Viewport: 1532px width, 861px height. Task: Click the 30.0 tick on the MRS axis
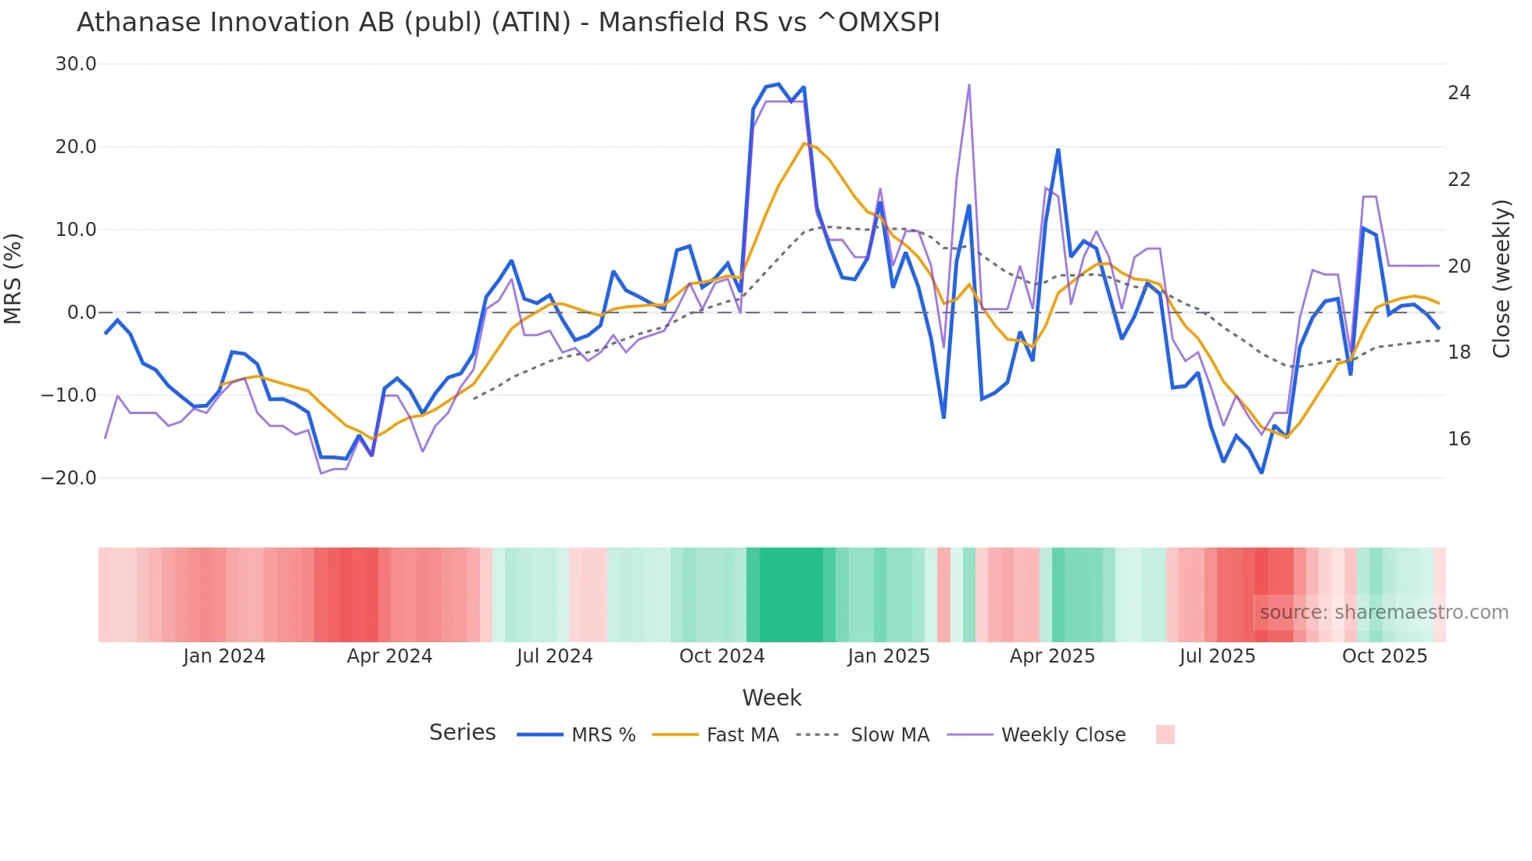(76, 64)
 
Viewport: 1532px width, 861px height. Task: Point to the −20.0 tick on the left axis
(69, 478)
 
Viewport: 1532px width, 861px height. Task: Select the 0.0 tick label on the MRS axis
(81, 313)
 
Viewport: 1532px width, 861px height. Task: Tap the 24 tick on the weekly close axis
(1459, 93)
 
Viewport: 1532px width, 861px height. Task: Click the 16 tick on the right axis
(1459, 439)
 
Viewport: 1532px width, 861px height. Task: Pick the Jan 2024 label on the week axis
(224, 656)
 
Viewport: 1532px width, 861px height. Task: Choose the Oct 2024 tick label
(721, 656)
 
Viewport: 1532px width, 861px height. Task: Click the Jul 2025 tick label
(1217, 656)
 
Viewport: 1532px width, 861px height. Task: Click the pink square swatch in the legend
(1165, 734)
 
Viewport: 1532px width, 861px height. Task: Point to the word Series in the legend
(462, 733)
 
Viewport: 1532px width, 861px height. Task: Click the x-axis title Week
(771, 698)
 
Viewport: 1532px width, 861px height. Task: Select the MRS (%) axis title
(13, 278)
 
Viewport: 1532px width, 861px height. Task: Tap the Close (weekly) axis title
(1502, 278)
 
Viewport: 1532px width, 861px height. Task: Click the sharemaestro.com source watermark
(1383, 613)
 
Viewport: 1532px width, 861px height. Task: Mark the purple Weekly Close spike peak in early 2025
(968, 85)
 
